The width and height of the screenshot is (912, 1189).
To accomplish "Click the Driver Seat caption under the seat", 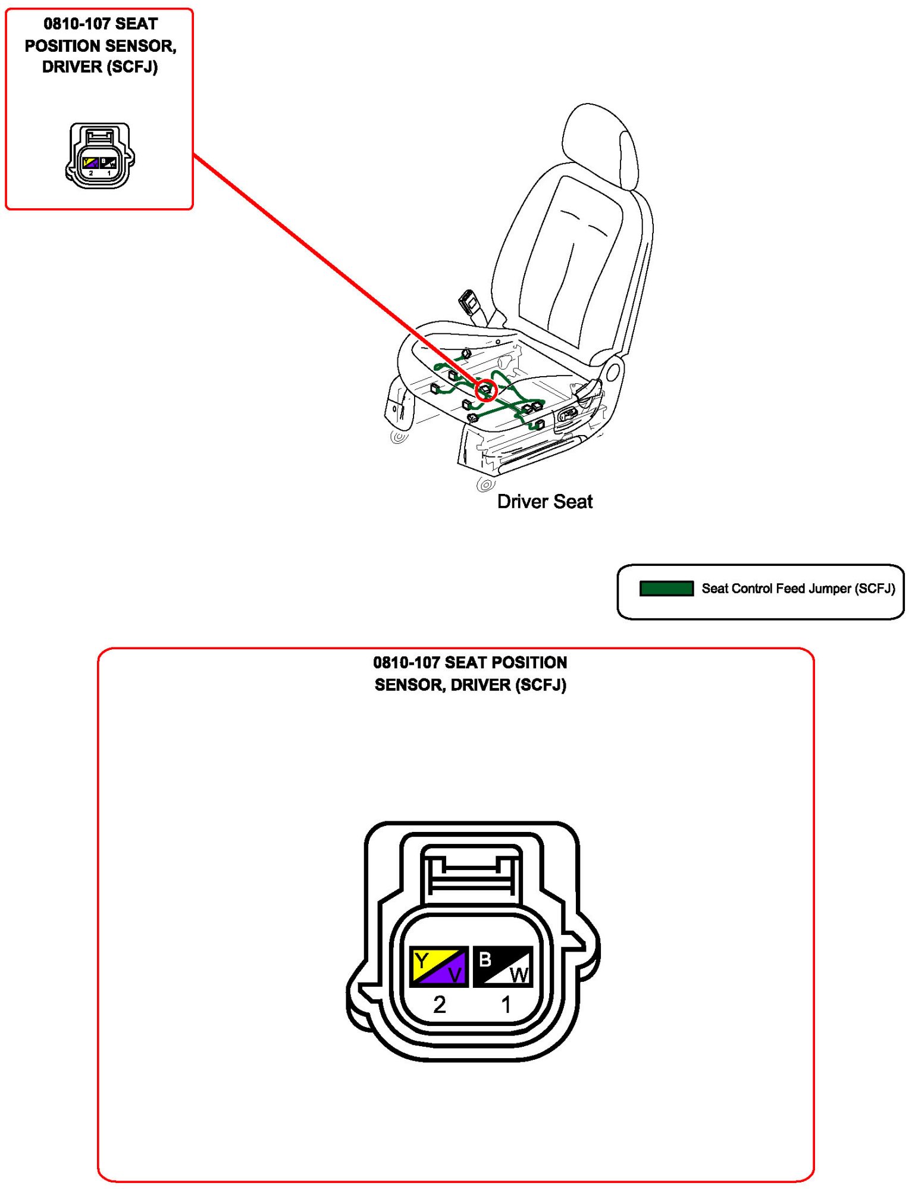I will [544, 502].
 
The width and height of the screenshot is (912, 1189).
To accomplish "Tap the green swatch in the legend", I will [666, 589].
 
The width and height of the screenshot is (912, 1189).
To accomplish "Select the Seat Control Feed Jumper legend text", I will [798, 589].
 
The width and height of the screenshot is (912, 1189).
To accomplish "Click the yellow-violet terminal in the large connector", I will [438, 966].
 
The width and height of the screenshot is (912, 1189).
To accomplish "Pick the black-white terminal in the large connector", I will [503, 966].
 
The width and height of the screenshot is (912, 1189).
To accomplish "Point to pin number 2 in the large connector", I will [439, 1005].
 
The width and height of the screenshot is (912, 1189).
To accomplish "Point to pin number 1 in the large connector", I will [506, 1005].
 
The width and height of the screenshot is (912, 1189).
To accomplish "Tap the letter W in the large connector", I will [519, 975].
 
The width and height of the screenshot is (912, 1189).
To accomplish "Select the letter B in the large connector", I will [485, 959].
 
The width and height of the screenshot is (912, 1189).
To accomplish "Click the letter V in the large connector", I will [455, 975].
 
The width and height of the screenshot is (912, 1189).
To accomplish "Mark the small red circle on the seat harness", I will [486, 390].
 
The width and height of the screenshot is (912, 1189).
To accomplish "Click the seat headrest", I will [600, 146].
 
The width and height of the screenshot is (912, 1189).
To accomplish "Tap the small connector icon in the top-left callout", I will [99, 156].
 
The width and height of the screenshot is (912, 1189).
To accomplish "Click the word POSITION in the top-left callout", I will [61, 46].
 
